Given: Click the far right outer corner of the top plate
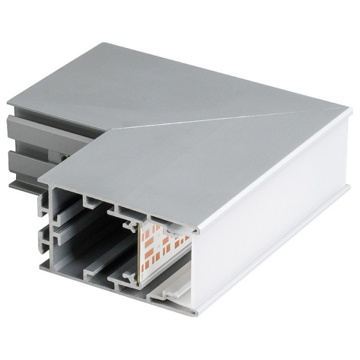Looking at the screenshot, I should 347,107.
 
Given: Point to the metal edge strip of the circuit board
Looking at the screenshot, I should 137,252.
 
